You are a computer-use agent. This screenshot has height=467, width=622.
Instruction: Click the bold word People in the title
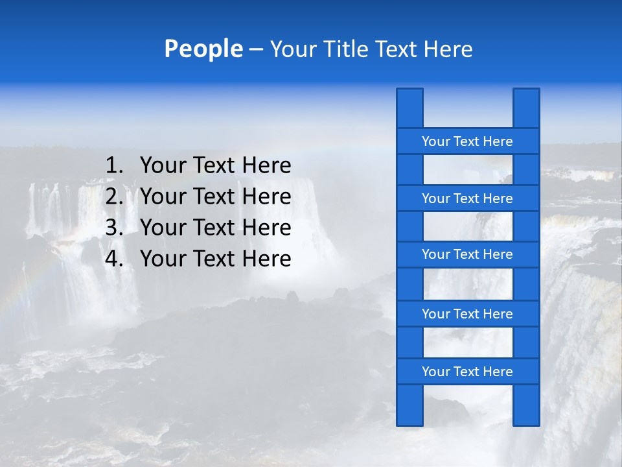[x=203, y=49]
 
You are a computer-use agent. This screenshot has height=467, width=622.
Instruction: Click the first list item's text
[x=215, y=166]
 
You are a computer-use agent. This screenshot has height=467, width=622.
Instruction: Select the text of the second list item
[x=215, y=197]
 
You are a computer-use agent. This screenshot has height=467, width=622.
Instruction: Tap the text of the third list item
[x=215, y=228]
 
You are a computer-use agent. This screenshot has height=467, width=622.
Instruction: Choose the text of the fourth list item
[x=215, y=259]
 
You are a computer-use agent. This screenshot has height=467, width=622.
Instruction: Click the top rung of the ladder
[x=467, y=141]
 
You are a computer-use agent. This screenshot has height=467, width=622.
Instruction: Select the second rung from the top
[x=467, y=198]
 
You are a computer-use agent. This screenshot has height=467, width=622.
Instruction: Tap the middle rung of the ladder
[x=467, y=254]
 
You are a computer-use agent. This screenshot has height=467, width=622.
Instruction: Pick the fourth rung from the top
[x=467, y=314]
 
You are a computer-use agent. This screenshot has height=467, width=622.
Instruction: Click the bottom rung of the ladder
[x=467, y=372]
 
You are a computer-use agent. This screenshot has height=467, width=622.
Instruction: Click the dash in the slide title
[x=255, y=50]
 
